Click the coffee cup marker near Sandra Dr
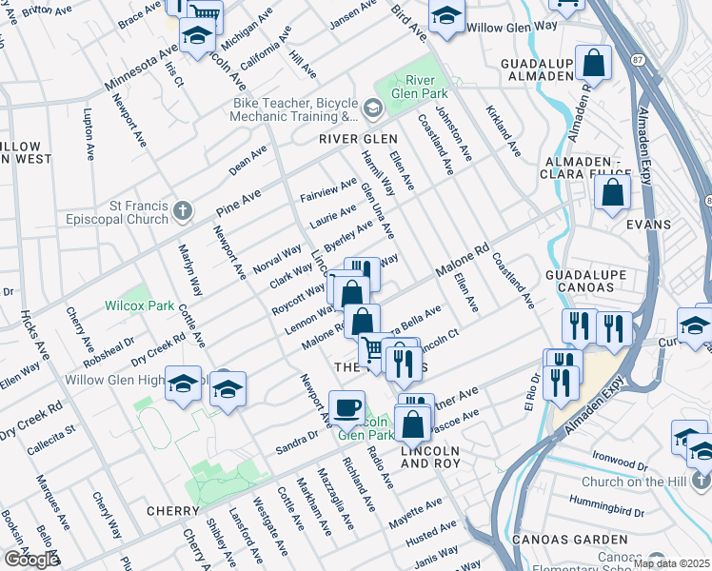click(x=347, y=407)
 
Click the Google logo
click(x=30, y=560)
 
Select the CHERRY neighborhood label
click(x=172, y=511)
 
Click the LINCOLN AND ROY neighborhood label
click(x=431, y=457)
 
